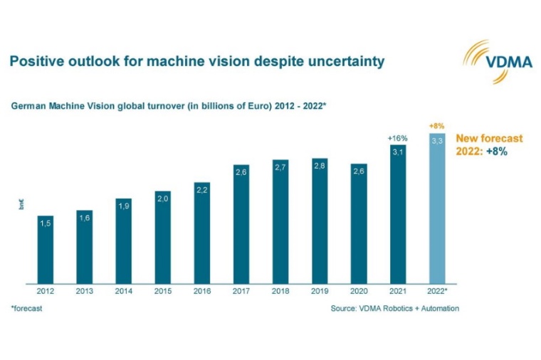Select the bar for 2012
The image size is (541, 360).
tap(45, 249)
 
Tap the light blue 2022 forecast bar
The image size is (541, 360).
tap(436, 213)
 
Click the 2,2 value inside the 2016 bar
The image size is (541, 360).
tap(201, 190)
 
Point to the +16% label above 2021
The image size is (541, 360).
tap(396, 137)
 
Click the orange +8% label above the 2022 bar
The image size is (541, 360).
tap(436, 126)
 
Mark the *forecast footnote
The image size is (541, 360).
tap(26, 308)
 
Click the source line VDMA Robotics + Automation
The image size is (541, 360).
tap(394, 308)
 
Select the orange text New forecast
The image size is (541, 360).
tap(489, 138)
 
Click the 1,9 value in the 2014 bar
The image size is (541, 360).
tap(123, 206)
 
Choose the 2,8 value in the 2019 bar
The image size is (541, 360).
tap(319, 166)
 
